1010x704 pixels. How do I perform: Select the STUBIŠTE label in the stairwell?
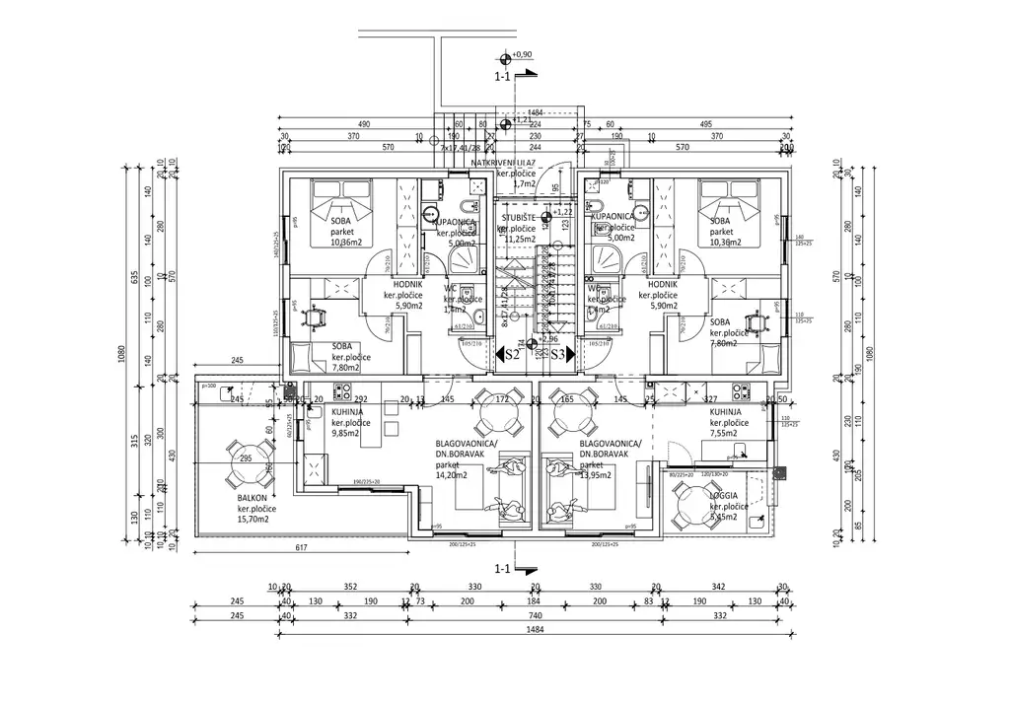click(x=519, y=217)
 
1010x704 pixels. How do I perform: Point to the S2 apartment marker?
click(x=512, y=354)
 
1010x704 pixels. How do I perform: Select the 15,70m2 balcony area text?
click(x=256, y=520)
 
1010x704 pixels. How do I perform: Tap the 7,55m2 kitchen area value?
click(x=729, y=433)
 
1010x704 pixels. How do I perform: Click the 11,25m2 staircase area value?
click(x=519, y=238)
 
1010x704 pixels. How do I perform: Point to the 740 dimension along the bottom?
click(x=506, y=616)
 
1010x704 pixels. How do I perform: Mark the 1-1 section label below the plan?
click(x=502, y=569)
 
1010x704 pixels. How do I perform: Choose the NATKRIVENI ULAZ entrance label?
click(x=503, y=162)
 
